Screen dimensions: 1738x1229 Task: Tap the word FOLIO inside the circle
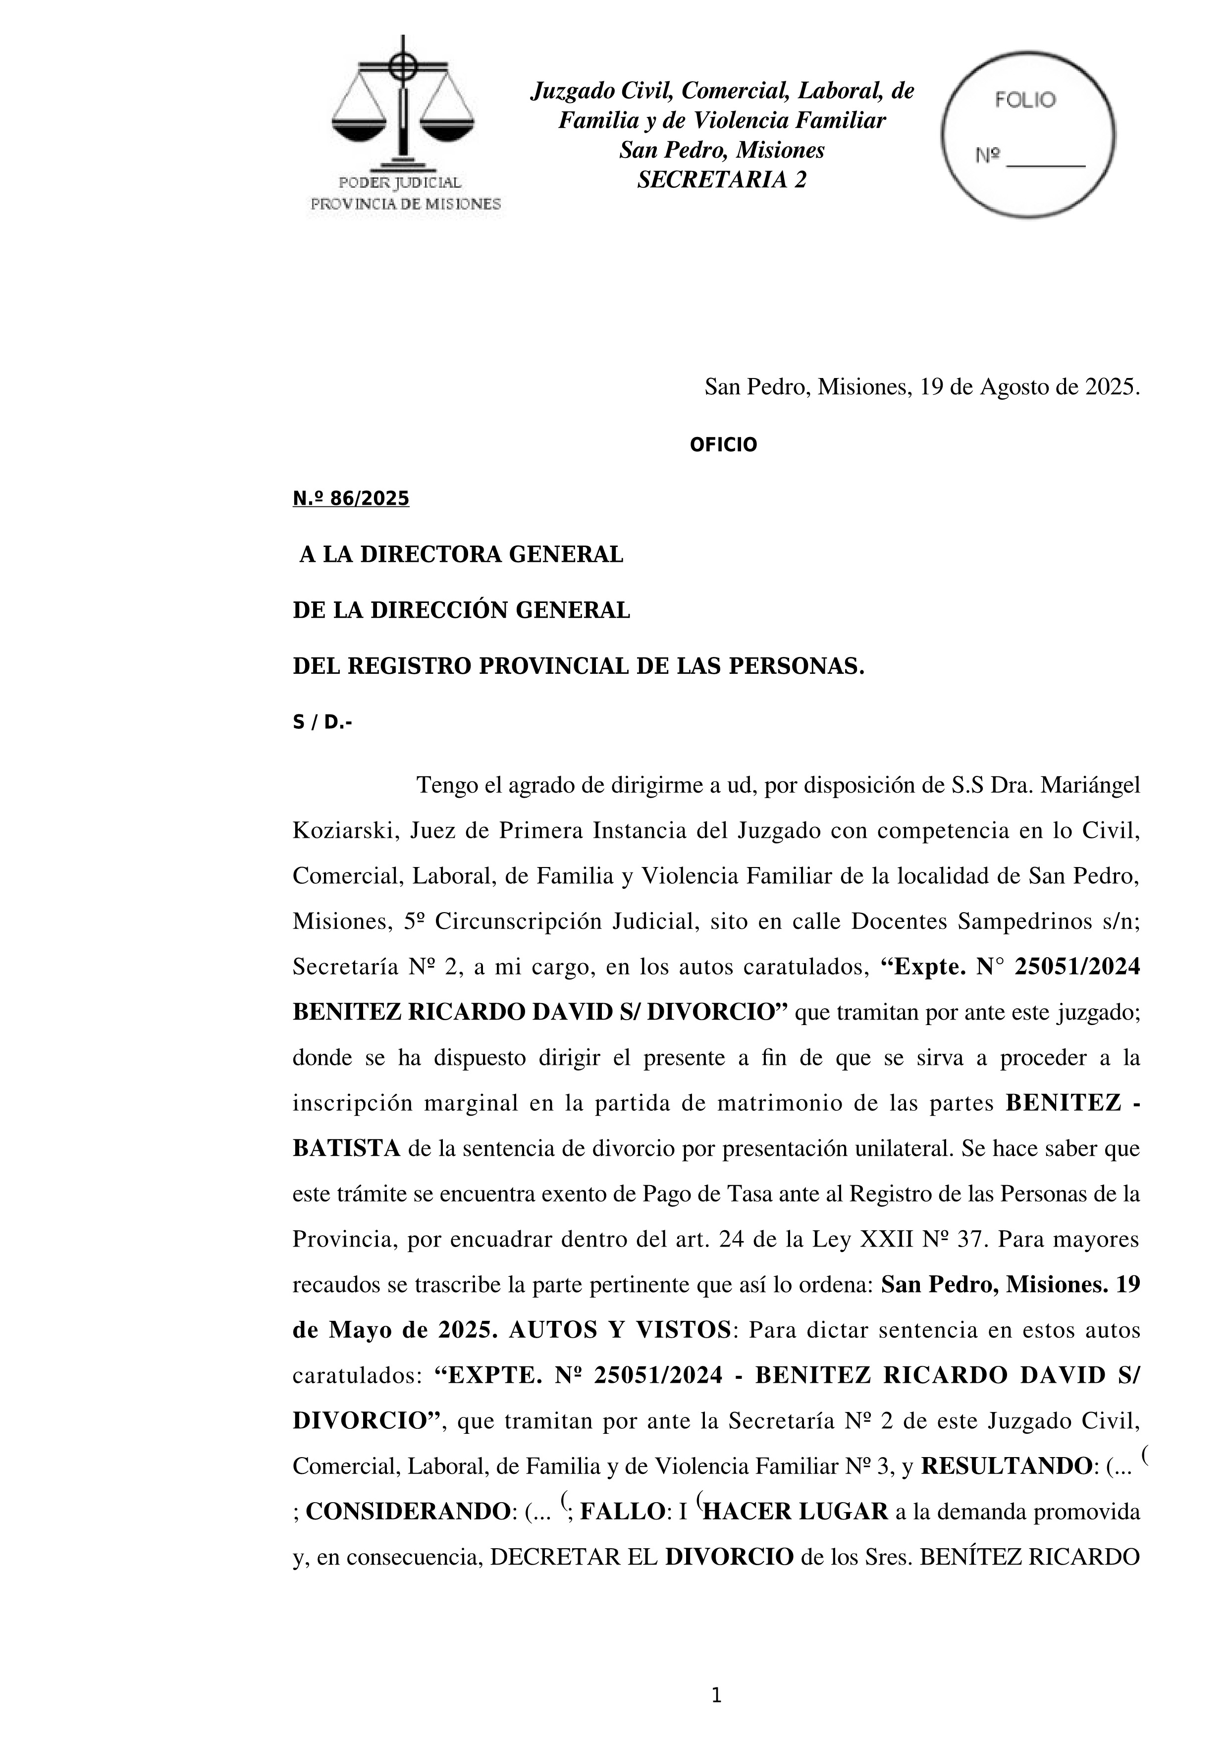point(1025,100)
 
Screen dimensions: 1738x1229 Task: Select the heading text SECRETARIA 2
point(721,180)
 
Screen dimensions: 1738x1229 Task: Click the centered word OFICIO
point(723,445)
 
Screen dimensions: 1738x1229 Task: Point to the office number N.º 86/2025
point(350,499)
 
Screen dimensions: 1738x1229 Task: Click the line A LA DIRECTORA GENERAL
point(461,555)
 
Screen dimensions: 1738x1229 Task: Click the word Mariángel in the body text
point(1090,786)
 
